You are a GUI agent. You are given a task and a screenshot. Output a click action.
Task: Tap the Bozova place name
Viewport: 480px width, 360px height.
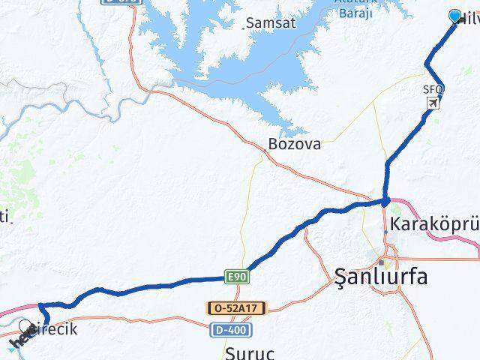pyautogui.click(x=295, y=143)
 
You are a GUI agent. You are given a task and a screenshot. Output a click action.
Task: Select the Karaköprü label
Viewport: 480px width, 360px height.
pyautogui.click(x=435, y=224)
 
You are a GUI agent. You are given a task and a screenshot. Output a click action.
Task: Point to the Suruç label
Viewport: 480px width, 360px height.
pyautogui.click(x=250, y=351)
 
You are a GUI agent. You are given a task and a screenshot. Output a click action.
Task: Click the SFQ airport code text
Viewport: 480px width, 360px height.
pyautogui.click(x=433, y=89)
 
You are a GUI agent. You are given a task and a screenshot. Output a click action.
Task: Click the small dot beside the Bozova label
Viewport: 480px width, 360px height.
pyautogui.click(x=264, y=150)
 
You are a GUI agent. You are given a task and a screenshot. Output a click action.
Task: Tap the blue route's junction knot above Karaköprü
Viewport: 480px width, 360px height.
pyautogui.click(x=385, y=201)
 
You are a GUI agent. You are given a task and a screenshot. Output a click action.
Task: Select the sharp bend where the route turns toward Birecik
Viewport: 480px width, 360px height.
pyautogui.click(x=40, y=305)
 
